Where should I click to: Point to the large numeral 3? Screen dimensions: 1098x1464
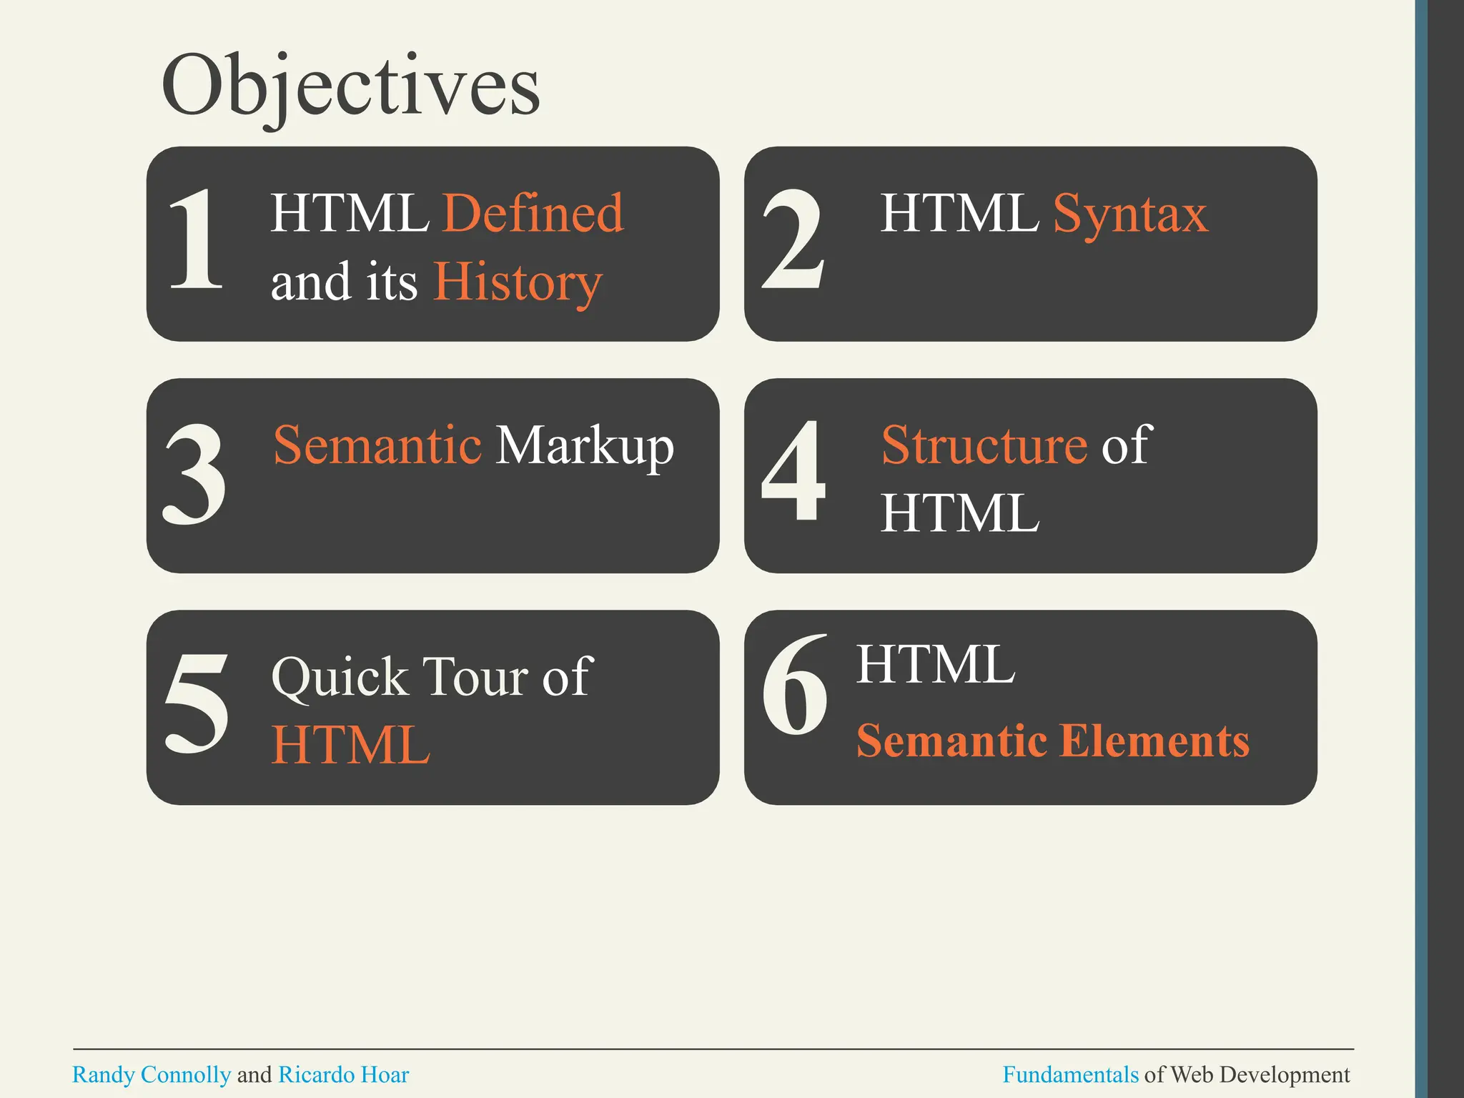click(x=194, y=474)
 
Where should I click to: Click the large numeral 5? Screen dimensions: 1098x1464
click(x=197, y=704)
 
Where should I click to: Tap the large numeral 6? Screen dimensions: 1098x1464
click(x=795, y=686)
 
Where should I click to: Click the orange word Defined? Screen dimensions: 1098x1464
click(x=533, y=213)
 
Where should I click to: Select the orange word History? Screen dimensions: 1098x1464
click(x=518, y=282)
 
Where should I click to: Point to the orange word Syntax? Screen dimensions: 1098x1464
click(x=1131, y=213)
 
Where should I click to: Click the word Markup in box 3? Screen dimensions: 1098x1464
click(x=585, y=445)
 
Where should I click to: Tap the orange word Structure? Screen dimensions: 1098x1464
click(x=984, y=445)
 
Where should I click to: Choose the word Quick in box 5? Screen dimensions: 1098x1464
click(x=340, y=677)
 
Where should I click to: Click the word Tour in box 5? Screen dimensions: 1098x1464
click(x=476, y=676)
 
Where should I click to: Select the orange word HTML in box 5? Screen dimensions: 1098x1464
click(x=351, y=745)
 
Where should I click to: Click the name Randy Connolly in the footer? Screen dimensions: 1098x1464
click(x=152, y=1074)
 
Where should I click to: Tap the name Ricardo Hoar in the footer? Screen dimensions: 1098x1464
click(x=343, y=1074)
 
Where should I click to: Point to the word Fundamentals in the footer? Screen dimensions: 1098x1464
click(x=1070, y=1074)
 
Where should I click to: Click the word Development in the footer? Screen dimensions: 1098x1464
click(x=1285, y=1074)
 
